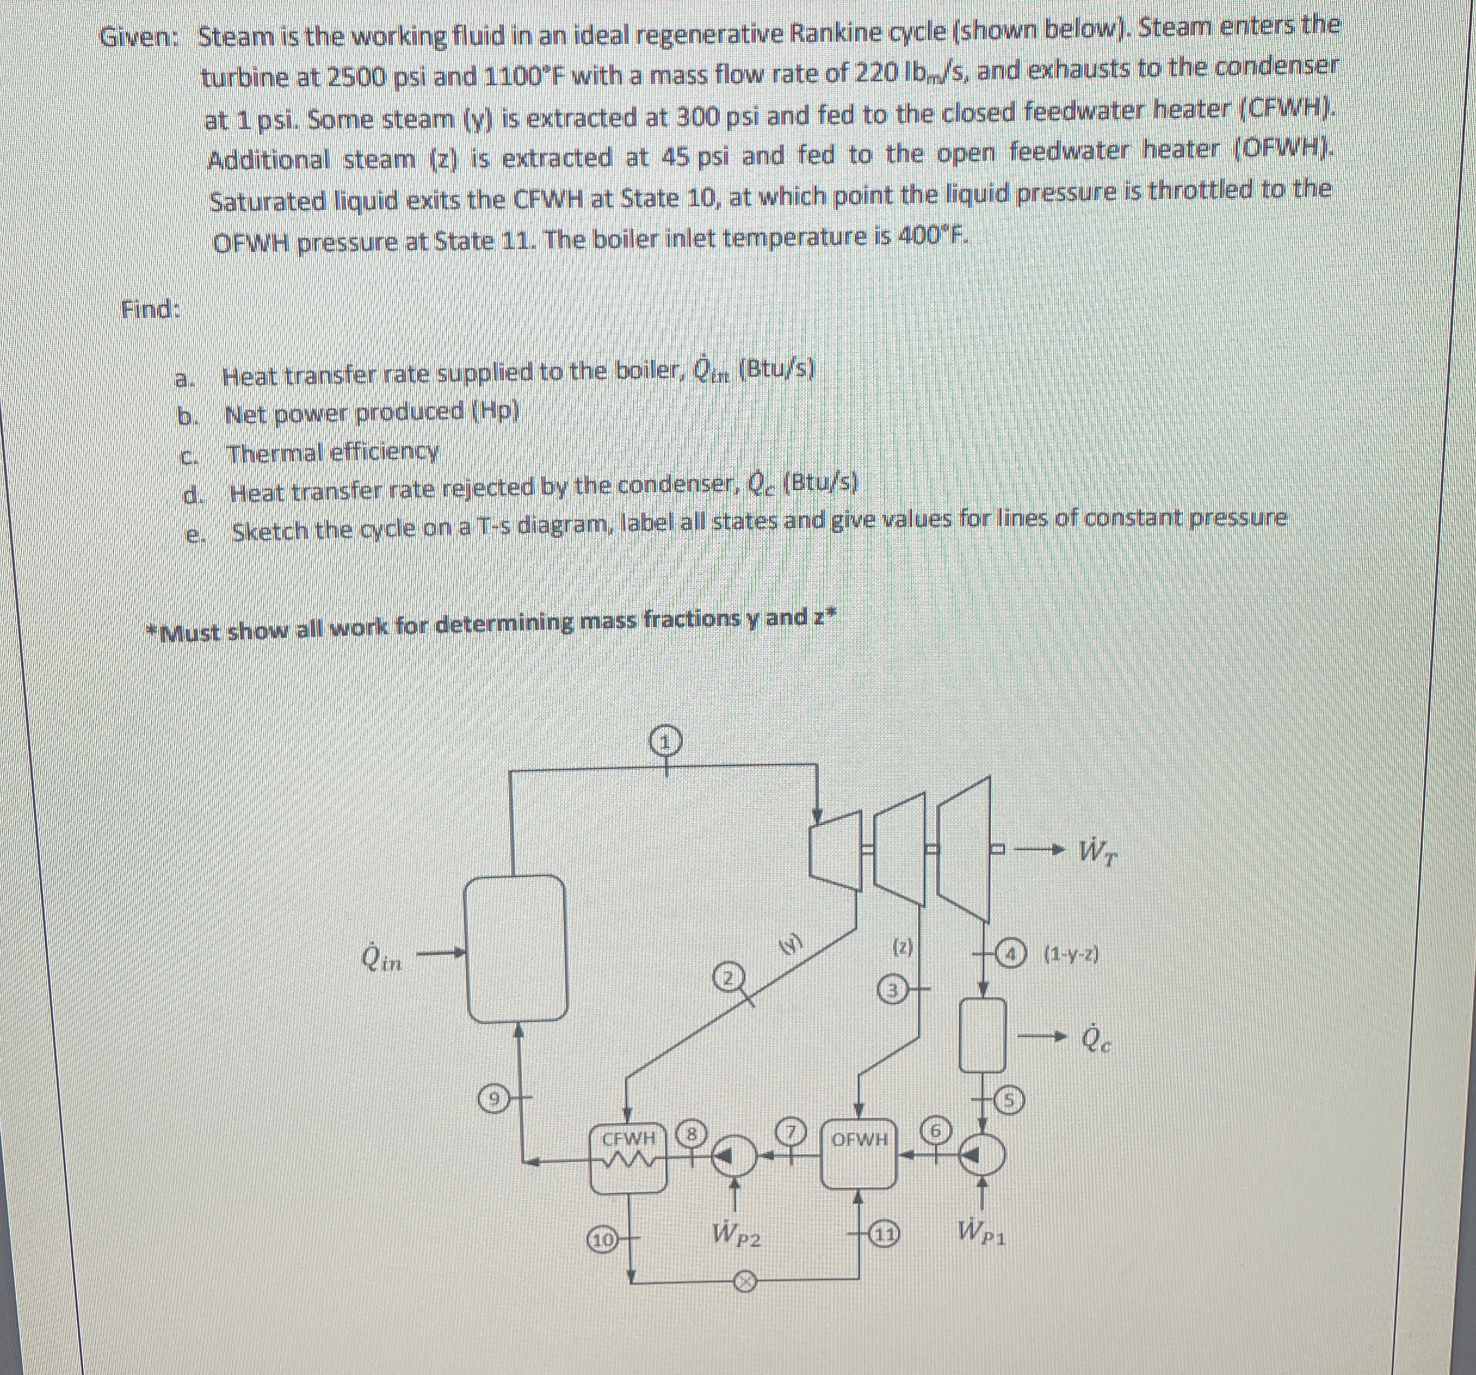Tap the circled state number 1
coord(665,741)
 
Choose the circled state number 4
coord(1012,952)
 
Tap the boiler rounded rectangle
coord(515,948)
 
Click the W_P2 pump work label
coord(737,1235)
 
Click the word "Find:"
coord(151,308)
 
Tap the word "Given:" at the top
coord(140,36)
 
